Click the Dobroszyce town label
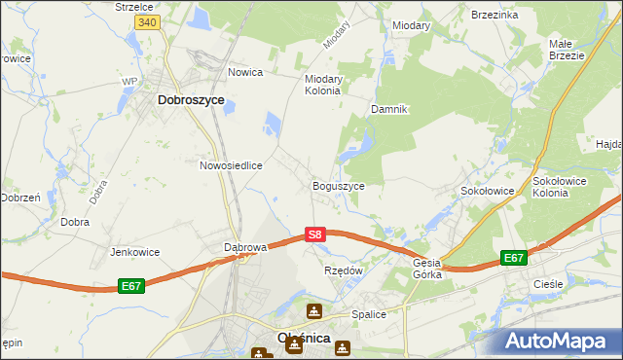tap(191, 99)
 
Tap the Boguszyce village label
tap(338, 186)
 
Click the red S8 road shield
tap(314, 234)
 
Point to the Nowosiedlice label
tap(231, 165)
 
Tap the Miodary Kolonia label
tap(322, 85)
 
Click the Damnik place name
tap(387, 110)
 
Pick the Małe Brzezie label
tap(567, 50)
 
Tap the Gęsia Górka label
tap(427, 269)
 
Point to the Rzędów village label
tap(343, 270)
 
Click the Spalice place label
tap(369, 314)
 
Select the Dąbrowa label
tap(245, 247)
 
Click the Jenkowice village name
tap(134, 252)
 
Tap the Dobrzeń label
tap(19, 197)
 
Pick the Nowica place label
tap(246, 72)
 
